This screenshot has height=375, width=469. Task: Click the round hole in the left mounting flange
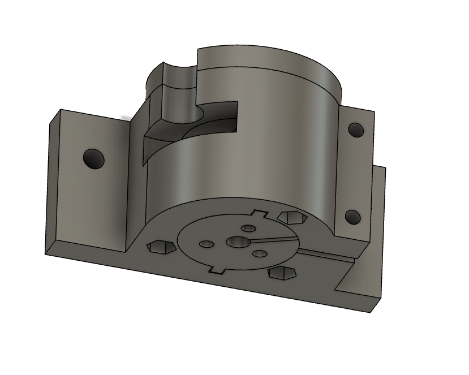(94, 158)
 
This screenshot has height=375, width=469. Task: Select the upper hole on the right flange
(356, 130)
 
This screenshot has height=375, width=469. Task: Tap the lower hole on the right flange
(352, 217)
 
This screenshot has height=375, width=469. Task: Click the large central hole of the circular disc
(238, 242)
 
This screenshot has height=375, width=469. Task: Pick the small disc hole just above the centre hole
(248, 228)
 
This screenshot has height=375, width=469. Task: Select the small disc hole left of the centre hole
(207, 244)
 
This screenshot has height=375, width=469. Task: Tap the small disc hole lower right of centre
(259, 254)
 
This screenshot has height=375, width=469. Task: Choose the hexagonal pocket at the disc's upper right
(292, 217)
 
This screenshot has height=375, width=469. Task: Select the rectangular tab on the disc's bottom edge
(214, 270)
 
